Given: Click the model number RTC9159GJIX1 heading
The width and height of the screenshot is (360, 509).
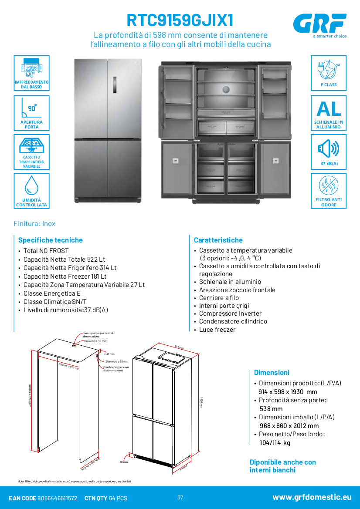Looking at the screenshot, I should [180, 20].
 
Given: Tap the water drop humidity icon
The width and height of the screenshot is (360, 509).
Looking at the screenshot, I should [31, 185].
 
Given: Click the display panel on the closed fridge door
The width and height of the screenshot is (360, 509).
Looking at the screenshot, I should [115, 84].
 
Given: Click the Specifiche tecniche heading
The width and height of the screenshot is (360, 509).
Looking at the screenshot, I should [50, 240].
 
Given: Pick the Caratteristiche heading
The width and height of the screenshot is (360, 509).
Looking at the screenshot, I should [218, 240].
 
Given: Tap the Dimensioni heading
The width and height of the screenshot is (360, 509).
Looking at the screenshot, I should [272, 372].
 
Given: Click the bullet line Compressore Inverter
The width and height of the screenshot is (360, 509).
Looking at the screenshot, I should [230, 313].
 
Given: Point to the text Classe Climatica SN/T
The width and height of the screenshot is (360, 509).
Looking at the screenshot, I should [55, 302].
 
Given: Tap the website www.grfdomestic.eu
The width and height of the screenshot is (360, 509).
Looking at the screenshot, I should [312, 497].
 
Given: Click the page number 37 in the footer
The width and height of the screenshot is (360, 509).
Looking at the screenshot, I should [180, 498].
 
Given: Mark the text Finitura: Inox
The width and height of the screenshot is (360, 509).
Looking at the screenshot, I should [34, 223].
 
